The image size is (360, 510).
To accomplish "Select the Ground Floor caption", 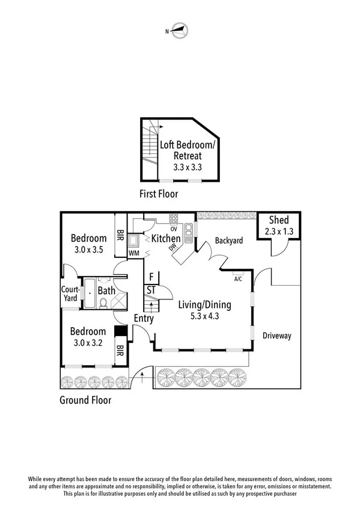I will point(85,400).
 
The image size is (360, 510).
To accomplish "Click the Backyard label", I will point(229,241).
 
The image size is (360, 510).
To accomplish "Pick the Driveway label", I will point(276,336).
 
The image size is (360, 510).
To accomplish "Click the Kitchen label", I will point(166,239).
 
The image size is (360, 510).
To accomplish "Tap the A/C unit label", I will point(238,278).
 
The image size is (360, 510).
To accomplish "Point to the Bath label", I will point(106,291).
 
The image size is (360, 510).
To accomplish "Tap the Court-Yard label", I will point(69,293).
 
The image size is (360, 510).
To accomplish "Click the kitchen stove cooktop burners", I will point(174,219).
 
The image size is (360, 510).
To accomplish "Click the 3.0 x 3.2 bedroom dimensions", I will point(88,343).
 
